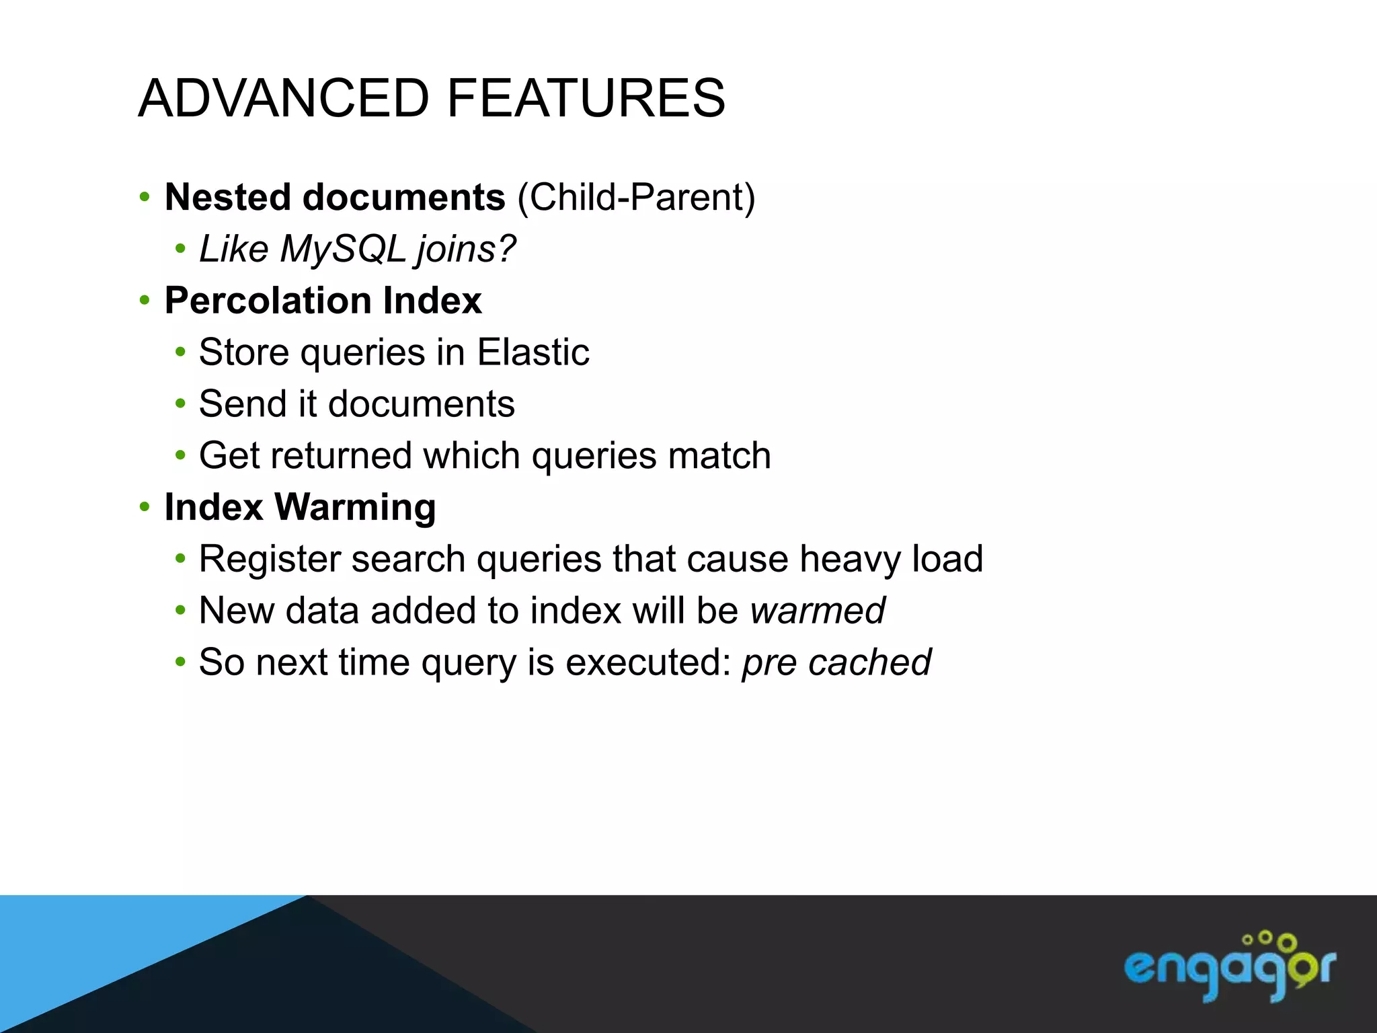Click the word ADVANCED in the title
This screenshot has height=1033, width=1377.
pos(283,98)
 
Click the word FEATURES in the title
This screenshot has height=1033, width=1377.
pos(586,98)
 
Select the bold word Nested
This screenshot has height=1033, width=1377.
pos(228,197)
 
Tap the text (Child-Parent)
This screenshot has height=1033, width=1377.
pos(636,198)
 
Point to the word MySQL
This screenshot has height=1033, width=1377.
pos(343,249)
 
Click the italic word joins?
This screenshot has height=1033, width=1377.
pos(466,249)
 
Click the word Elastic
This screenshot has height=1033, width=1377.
pos(533,352)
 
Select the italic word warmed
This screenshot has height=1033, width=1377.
pos(818,611)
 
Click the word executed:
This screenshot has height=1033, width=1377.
pos(648,662)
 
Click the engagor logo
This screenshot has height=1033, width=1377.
pos(1229,966)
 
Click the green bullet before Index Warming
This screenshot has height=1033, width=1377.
pos(145,507)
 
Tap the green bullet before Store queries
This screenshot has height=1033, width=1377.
pos(180,352)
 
